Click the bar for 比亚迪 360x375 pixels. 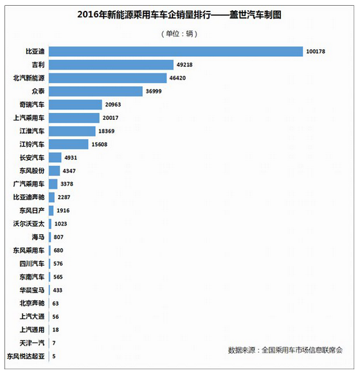(176, 52)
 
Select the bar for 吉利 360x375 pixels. (111, 65)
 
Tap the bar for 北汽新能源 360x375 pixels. (108, 78)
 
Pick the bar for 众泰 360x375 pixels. (96, 91)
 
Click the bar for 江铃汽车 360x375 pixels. (68, 144)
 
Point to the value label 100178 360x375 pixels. (316, 52)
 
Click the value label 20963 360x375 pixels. (113, 105)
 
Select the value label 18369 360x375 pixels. (107, 131)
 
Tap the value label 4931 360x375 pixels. (71, 158)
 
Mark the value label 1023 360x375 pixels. (61, 224)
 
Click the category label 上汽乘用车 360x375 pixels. (29, 118)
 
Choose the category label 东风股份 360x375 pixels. (32, 171)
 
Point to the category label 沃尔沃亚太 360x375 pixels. (29, 224)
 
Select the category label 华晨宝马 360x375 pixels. (32, 290)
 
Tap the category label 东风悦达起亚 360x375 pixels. (26, 357)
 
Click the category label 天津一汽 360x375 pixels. (32, 343)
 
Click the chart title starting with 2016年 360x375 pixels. (179, 15)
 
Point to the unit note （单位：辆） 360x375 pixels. (179, 34)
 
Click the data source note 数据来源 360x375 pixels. (285, 350)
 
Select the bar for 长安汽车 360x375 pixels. (55, 158)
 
